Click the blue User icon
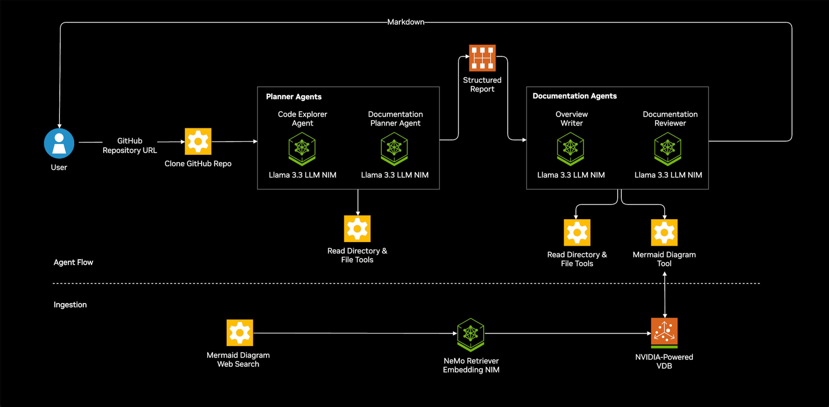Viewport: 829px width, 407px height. click(59, 143)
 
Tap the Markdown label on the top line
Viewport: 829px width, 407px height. click(406, 22)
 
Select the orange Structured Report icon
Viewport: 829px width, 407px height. click(482, 58)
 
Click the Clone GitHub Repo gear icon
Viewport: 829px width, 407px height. click(198, 141)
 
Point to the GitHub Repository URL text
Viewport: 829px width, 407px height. click(130, 146)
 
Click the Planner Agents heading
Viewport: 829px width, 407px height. click(294, 97)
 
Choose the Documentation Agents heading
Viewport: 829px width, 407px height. click(575, 96)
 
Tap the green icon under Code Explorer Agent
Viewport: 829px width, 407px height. click(302, 149)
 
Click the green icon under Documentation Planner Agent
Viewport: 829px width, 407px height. click(394, 149)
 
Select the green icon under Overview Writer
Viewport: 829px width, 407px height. click(570, 149)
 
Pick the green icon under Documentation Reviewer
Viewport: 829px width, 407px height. click(668, 149)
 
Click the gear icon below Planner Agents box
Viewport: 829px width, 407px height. click(357, 229)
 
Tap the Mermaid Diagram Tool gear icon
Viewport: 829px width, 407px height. click(664, 232)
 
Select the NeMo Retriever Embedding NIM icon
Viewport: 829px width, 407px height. click(470, 334)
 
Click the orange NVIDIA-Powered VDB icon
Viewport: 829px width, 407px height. click(664, 332)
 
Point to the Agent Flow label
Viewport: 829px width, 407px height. click(73, 262)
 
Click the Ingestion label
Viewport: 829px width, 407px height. click(70, 305)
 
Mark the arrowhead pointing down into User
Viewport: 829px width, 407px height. click(59, 126)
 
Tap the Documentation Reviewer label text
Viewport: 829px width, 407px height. click(670, 118)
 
